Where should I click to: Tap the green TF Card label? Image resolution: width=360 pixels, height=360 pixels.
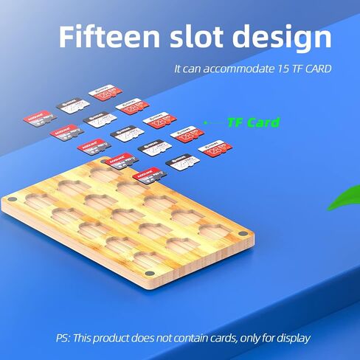[253, 122]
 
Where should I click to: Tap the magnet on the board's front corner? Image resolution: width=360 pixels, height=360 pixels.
[148, 274]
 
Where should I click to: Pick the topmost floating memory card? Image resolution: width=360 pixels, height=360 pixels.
[103, 94]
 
